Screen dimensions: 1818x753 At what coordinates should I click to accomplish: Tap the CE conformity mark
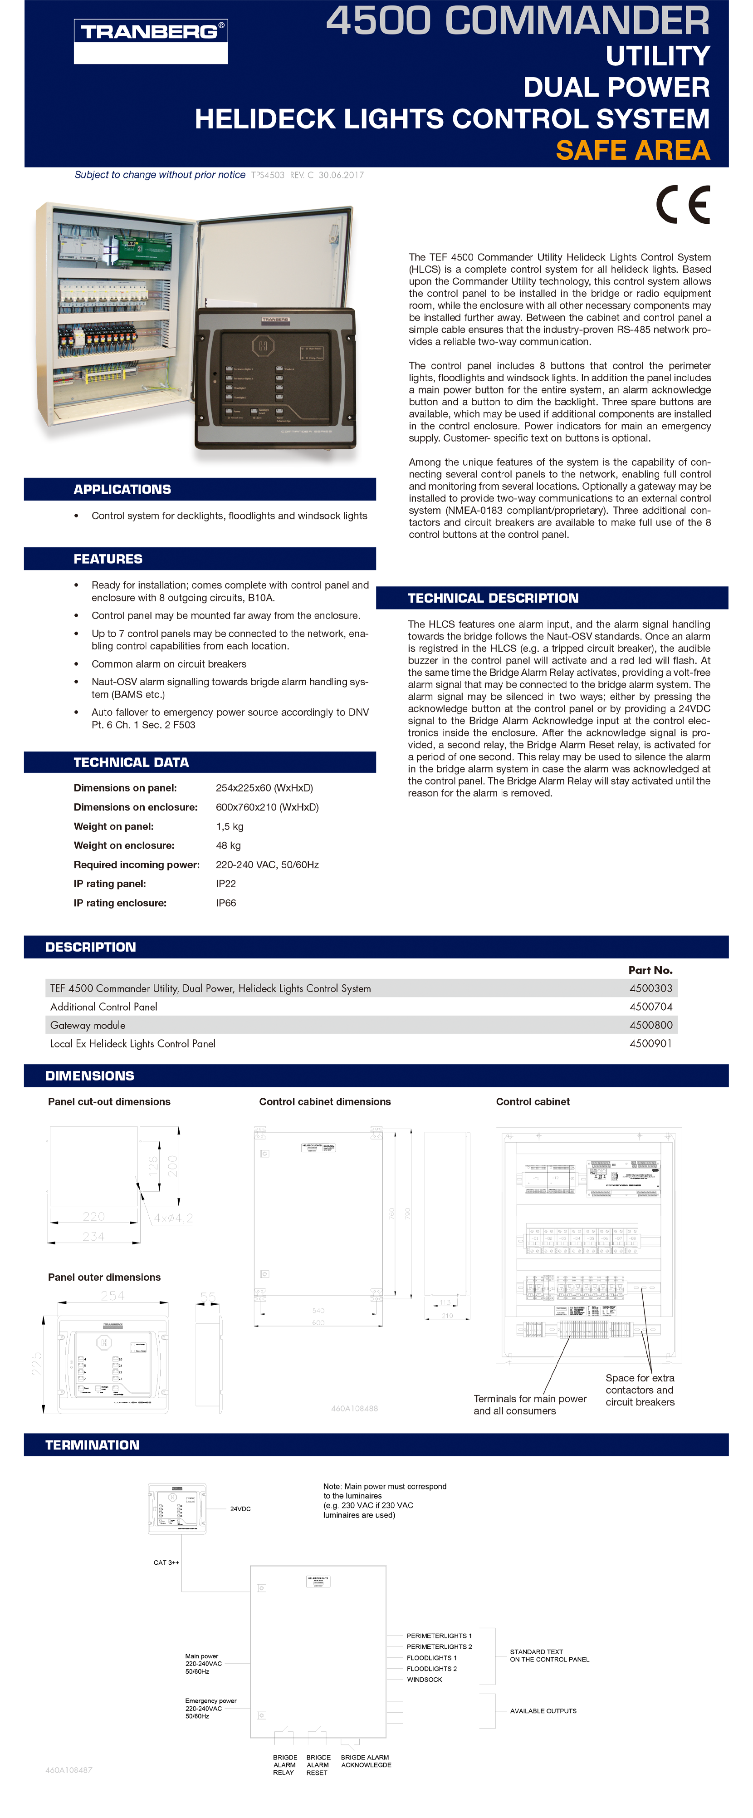(682, 205)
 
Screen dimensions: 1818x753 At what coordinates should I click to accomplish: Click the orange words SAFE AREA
(632, 150)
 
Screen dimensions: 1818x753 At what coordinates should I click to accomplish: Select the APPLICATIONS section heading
(122, 489)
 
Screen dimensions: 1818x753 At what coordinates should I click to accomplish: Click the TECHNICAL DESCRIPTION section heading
(493, 598)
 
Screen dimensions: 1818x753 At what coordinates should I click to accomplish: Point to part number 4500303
(650, 988)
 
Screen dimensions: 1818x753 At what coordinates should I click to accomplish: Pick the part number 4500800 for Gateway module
(650, 1025)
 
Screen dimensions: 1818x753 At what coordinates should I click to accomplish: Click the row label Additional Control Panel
(104, 1007)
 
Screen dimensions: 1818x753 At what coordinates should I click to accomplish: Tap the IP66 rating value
(226, 903)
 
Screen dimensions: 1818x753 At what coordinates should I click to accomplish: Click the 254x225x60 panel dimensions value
(264, 788)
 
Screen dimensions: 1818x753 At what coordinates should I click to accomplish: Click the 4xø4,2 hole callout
(173, 1218)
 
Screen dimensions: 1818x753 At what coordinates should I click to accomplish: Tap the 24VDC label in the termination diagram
(240, 1509)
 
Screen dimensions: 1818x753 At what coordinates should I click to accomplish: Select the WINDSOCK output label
(424, 1680)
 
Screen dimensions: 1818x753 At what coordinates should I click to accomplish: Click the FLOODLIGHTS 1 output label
(431, 1658)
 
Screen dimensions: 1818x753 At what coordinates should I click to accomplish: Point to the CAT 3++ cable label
(166, 1562)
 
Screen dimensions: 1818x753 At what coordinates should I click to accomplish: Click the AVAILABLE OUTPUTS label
(543, 1711)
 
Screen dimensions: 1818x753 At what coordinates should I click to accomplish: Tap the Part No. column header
(650, 970)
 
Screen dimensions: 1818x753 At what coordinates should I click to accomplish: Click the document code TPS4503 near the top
(268, 175)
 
